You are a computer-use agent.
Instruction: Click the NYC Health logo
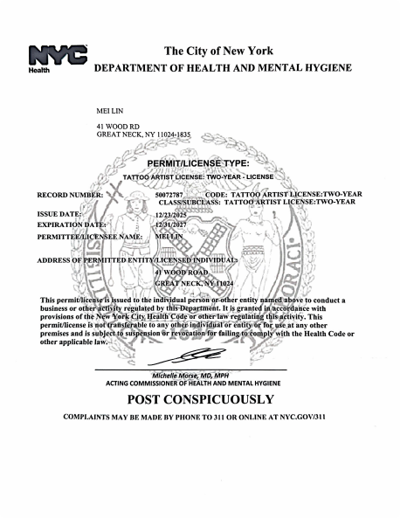pos(59,58)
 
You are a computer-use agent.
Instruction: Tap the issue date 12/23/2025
pos(170,214)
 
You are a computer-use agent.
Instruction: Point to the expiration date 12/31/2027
pos(170,224)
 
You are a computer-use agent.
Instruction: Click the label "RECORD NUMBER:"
pos(70,193)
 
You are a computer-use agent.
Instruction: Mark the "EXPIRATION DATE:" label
pos(68,224)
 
